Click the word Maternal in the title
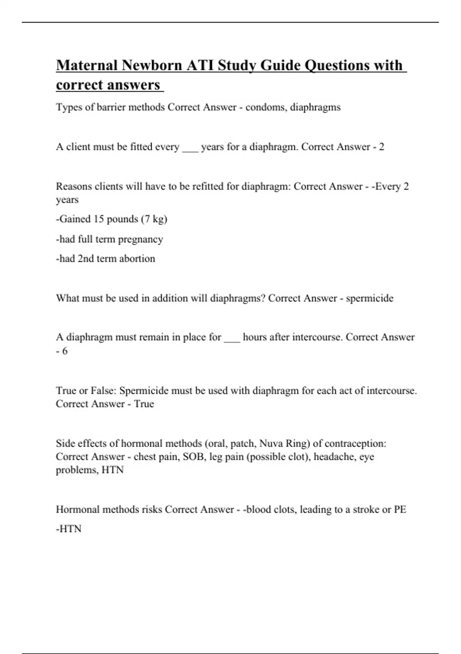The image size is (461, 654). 87,65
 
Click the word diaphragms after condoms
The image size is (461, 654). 315,107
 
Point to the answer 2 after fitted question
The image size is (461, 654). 381,147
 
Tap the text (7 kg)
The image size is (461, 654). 154,219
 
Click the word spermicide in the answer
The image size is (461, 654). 370,298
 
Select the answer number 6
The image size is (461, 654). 65,351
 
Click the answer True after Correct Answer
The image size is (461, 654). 144,404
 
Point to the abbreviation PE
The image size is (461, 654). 400,509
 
